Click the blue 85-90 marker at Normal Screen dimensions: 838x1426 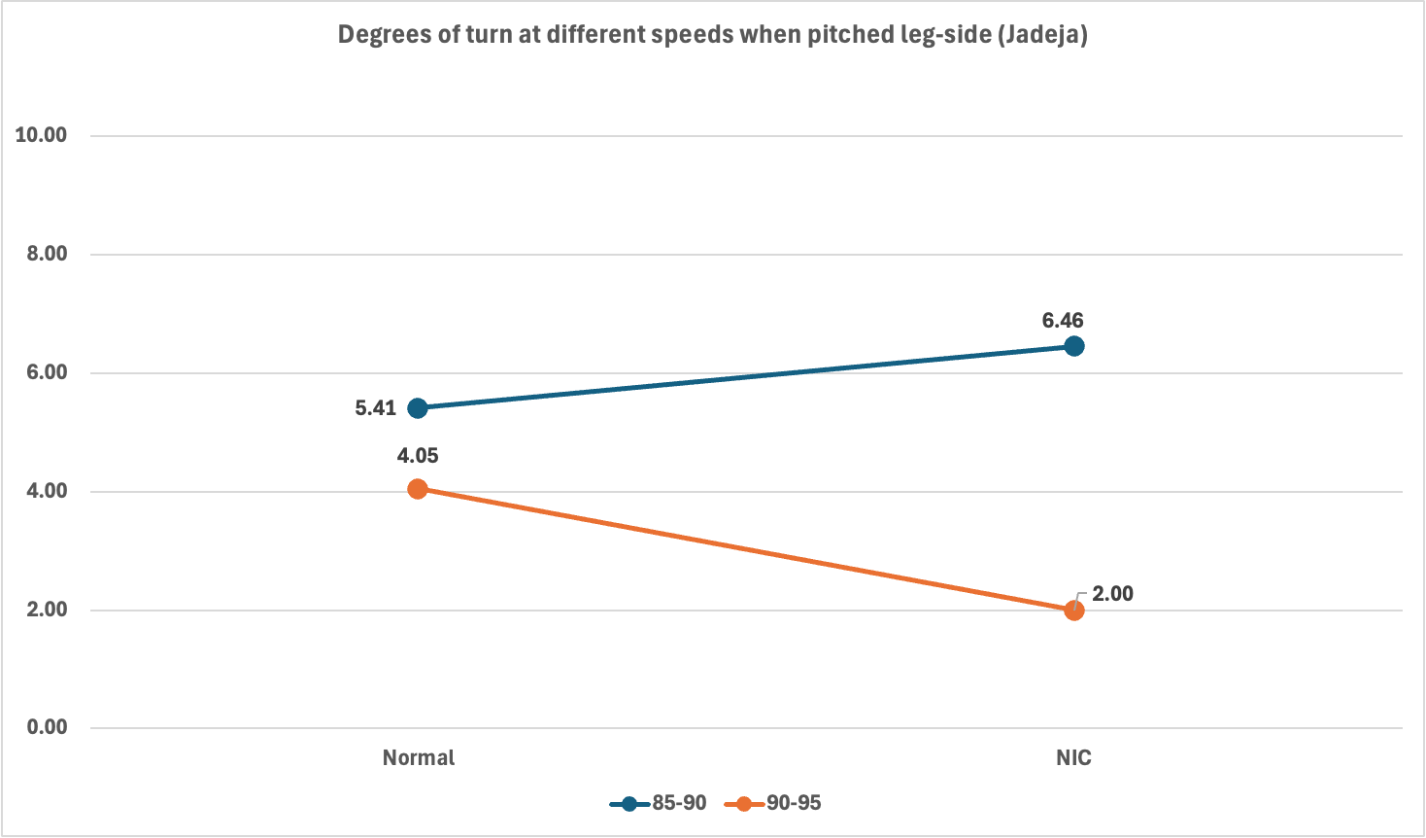pos(418,407)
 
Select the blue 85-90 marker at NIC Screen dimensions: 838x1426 pos(1073,346)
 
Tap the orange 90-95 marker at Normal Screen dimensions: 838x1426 pos(418,489)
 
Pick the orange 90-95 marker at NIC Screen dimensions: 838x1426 pos(1073,611)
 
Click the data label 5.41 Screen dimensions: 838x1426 pos(376,408)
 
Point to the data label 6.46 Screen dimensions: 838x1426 pos(1063,321)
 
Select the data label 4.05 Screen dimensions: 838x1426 pos(418,456)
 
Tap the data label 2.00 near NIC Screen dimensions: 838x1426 pos(1112,594)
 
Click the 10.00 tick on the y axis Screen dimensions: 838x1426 pos(41,135)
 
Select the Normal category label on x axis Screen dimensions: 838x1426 pos(418,758)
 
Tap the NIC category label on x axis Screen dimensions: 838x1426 pos(1073,758)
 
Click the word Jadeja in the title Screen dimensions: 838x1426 pos(1051,35)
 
